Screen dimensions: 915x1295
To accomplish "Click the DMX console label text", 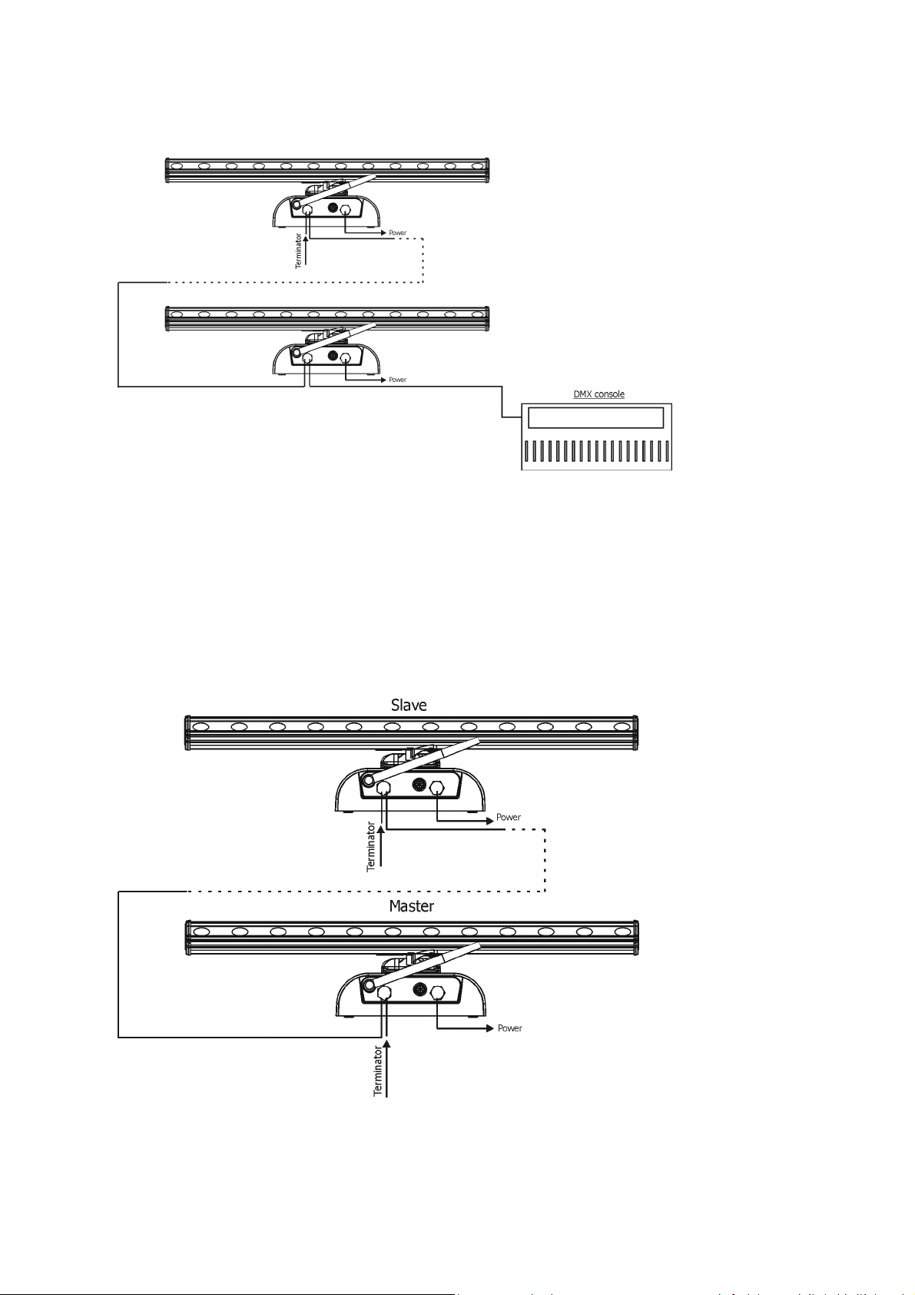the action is click(x=598, y=394).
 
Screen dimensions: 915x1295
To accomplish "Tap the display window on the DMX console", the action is click(x=595, y=417).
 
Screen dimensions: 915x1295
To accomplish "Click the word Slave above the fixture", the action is click(x=409, y=705).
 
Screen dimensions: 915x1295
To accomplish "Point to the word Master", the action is click(x=411, y=906).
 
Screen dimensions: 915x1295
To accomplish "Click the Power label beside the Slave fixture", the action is click(x=509, y=817).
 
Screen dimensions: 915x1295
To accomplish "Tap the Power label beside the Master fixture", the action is click(x=509, y=1028).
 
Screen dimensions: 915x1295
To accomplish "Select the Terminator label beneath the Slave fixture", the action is click(x=371, y=846).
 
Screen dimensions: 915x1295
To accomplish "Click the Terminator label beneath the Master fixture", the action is click(x=377, y=1071).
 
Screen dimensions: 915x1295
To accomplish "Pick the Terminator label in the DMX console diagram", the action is click(x=298, y=251).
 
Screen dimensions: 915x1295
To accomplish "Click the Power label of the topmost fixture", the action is click(x=397, y=233).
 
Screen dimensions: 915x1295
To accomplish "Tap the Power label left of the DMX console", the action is click(x=397, y=380).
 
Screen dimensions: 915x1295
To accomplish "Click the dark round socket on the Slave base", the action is click(x=419, y=785).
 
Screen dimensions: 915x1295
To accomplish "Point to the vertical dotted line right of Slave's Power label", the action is click(x=545, y=860).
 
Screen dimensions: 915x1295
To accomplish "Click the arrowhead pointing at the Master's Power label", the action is click(x=489, y=1028).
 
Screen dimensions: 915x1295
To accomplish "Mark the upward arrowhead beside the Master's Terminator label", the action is click(x=387, y=1044).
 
